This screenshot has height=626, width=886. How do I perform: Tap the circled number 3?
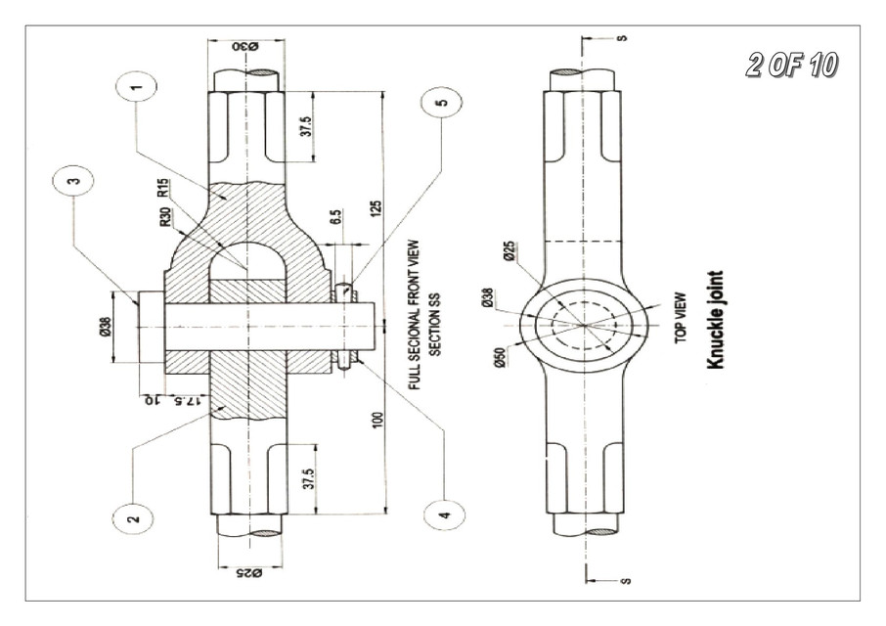coord(77,181)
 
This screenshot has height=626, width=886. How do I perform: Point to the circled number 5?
coord(442,104)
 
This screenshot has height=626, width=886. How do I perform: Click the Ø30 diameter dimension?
coord(245,47)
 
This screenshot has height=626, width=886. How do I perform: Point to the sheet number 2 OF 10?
coord(790,66)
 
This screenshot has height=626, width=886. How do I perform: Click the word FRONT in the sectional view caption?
coord(415,290)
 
